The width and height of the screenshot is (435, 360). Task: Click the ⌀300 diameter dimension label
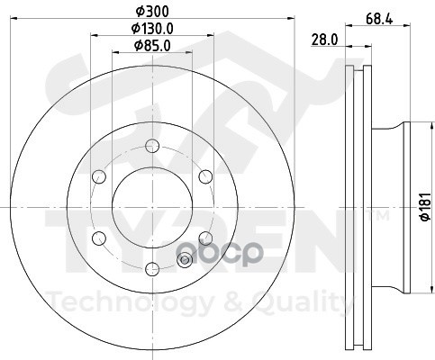[152, 12]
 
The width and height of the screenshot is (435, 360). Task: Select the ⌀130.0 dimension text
[152, 29]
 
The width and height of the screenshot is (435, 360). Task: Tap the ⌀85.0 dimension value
[152, 46]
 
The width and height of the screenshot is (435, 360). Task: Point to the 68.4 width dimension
[379, 20]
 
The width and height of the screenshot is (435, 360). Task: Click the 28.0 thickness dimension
[324, 40]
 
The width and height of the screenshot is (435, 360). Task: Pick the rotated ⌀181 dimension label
[426, 207]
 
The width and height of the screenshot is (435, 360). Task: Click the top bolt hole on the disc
[152, 146]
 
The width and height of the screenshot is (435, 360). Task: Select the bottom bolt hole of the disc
[152, 269]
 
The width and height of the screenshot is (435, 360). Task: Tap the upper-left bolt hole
[99, 176]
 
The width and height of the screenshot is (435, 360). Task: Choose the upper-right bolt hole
[205, 176]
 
